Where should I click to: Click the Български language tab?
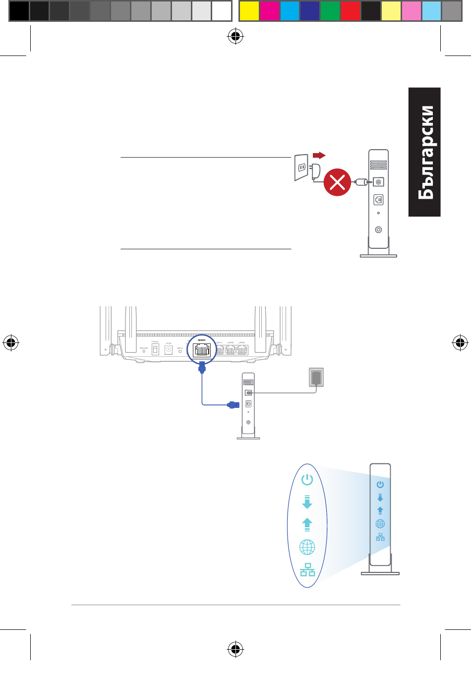(425, 152)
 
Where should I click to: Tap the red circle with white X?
(337, 182)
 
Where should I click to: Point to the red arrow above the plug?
(319, 155)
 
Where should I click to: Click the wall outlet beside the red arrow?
(301, 168)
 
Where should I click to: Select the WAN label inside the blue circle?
(201, 340)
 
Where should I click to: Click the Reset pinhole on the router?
(144, 351)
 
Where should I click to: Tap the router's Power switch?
(155, 349)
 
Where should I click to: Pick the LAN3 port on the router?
(242, 349)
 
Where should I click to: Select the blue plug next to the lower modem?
(233, 405)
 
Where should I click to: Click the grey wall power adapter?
(316, 377)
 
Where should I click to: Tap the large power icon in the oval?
(307, 480)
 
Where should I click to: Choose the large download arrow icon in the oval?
(307, 502)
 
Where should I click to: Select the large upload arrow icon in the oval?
(307, 524)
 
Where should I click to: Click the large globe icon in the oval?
(307, 548)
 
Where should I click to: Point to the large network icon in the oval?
(307, 570)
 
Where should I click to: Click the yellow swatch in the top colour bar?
(249, 11)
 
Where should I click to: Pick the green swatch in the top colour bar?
(330, 11)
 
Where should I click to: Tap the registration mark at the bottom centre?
(235, 649)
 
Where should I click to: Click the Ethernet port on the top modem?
(378, 200)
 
